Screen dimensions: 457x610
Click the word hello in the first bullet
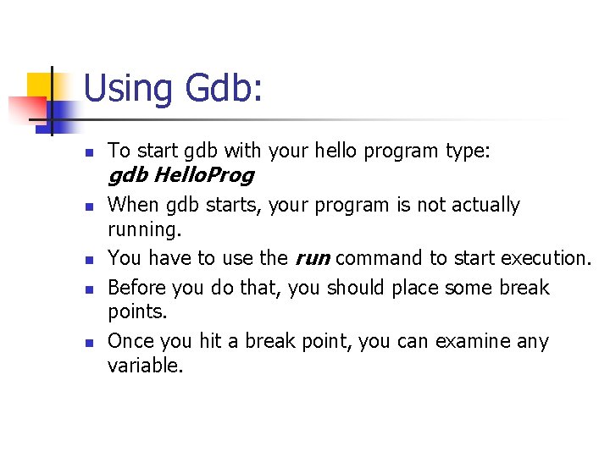[336, 151]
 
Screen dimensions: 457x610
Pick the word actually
[482, 205]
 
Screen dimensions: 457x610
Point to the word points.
[138, 311]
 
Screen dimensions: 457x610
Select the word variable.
[145, 365]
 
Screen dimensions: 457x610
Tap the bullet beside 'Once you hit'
[89, 343]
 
